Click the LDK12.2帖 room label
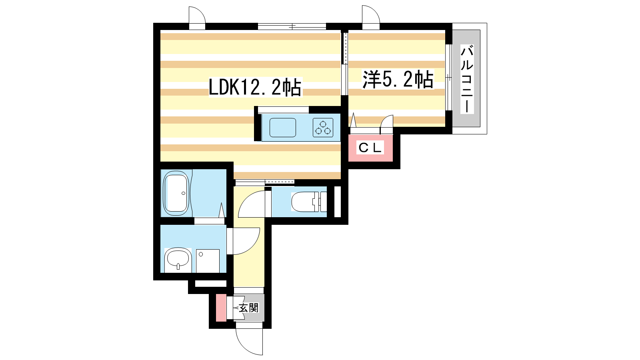tap(255, 87)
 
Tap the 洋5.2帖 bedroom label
tap(398, 79)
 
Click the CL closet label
tap(370, 148)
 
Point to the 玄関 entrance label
tap(249, 308)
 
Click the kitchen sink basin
tap(282, 128)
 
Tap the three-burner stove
tap(323, 128)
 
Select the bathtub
tap(176, 193)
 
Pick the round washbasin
tap(178, 258)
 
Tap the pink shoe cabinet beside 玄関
tap(221, 308)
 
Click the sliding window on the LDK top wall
tap(292, 26)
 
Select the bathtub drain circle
tap(183, 193)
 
